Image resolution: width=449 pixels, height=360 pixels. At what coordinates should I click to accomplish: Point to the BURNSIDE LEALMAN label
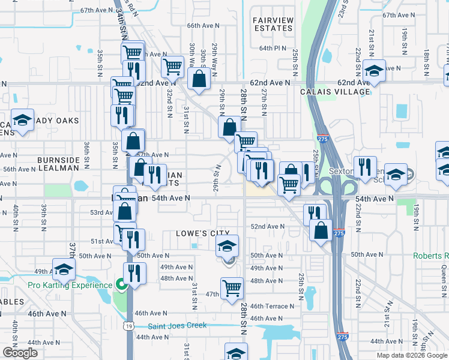pos(58,164)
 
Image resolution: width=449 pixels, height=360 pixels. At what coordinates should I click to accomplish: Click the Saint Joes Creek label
pos(178,326)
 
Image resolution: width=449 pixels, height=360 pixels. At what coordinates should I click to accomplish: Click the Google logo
pos(20,353)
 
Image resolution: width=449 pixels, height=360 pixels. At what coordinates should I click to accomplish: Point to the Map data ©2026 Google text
pos(411,355)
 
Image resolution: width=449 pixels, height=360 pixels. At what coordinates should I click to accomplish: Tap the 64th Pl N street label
pos(273,48)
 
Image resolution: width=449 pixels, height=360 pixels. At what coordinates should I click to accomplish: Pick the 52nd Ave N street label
pos(267,226)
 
